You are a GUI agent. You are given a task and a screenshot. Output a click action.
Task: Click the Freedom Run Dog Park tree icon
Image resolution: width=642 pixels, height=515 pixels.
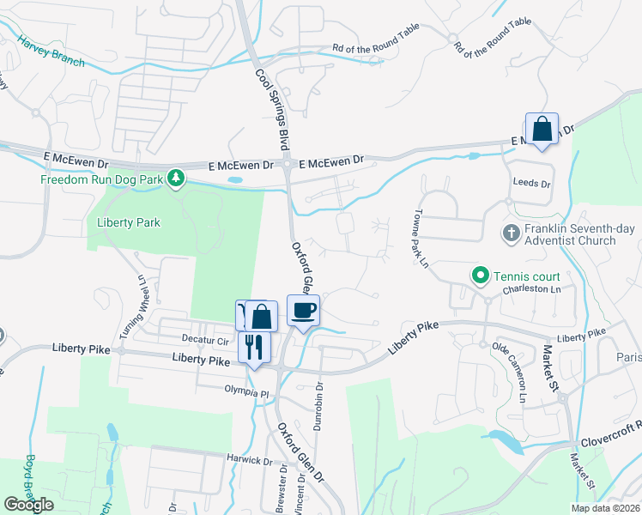pyautogui.click(x=176, y=179)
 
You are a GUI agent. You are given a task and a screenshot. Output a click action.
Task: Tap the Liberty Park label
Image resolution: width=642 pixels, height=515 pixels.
pyautogui.click(x=129, y=222)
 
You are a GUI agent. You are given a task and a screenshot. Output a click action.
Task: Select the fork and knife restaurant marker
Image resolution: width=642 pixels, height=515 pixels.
pyautogui.click(x=252, y=347)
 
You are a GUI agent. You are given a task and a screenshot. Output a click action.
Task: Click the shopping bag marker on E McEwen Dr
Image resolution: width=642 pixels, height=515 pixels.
pyautogui.click(x=542, y=130)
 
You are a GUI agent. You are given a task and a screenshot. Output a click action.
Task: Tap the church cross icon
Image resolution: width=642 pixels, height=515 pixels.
pyautogui.click(x=511, y=233)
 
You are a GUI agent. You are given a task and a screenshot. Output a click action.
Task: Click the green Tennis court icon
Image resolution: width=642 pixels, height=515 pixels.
pyautogui.click(x=480, y=276)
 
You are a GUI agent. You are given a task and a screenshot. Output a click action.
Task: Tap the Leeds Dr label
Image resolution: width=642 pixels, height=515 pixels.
pyautogui.click(x=530, y=184)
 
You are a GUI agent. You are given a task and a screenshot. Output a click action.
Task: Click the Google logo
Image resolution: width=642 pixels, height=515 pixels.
pyautogui.click(x=29, y=505)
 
